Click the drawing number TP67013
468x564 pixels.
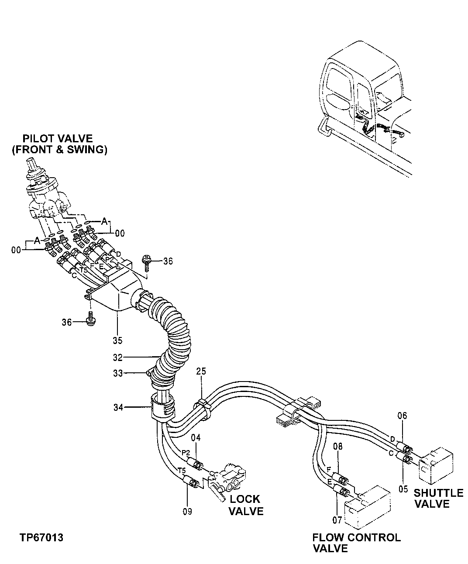click(x=41, y=537)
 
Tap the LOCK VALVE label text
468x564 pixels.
click(x=246, y=505)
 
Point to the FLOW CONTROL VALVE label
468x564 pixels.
click(x=356, y=543)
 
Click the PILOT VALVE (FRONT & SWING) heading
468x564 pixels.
click(x=58, y=144)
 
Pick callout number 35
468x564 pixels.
click(x=117, y=340)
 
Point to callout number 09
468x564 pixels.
click(x=187, y=511)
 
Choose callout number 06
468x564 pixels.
click(x=402, y=416)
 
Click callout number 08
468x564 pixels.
click(x=337, y=447)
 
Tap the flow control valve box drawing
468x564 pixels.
click(x=367, y=506)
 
